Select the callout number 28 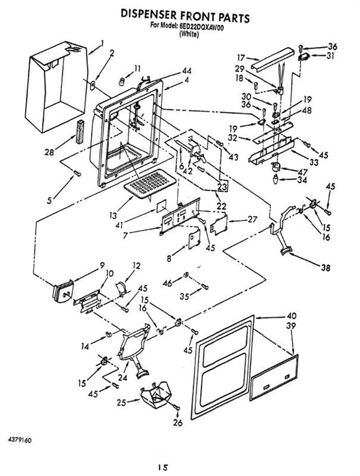coord(49,152)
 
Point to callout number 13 coord(113,216)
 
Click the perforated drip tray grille coord(150,184)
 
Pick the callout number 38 coord(325,267)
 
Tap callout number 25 coord(122,403)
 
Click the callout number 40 coord(292,316)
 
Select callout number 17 coord(241,57)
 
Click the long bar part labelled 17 coord(273,60)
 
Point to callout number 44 coord(186,71)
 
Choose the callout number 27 coord(252,219)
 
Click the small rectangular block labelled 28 coord(80,131)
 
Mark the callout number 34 coord(302,180)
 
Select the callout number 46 coord(167,283)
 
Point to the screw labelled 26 coord(177,407)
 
